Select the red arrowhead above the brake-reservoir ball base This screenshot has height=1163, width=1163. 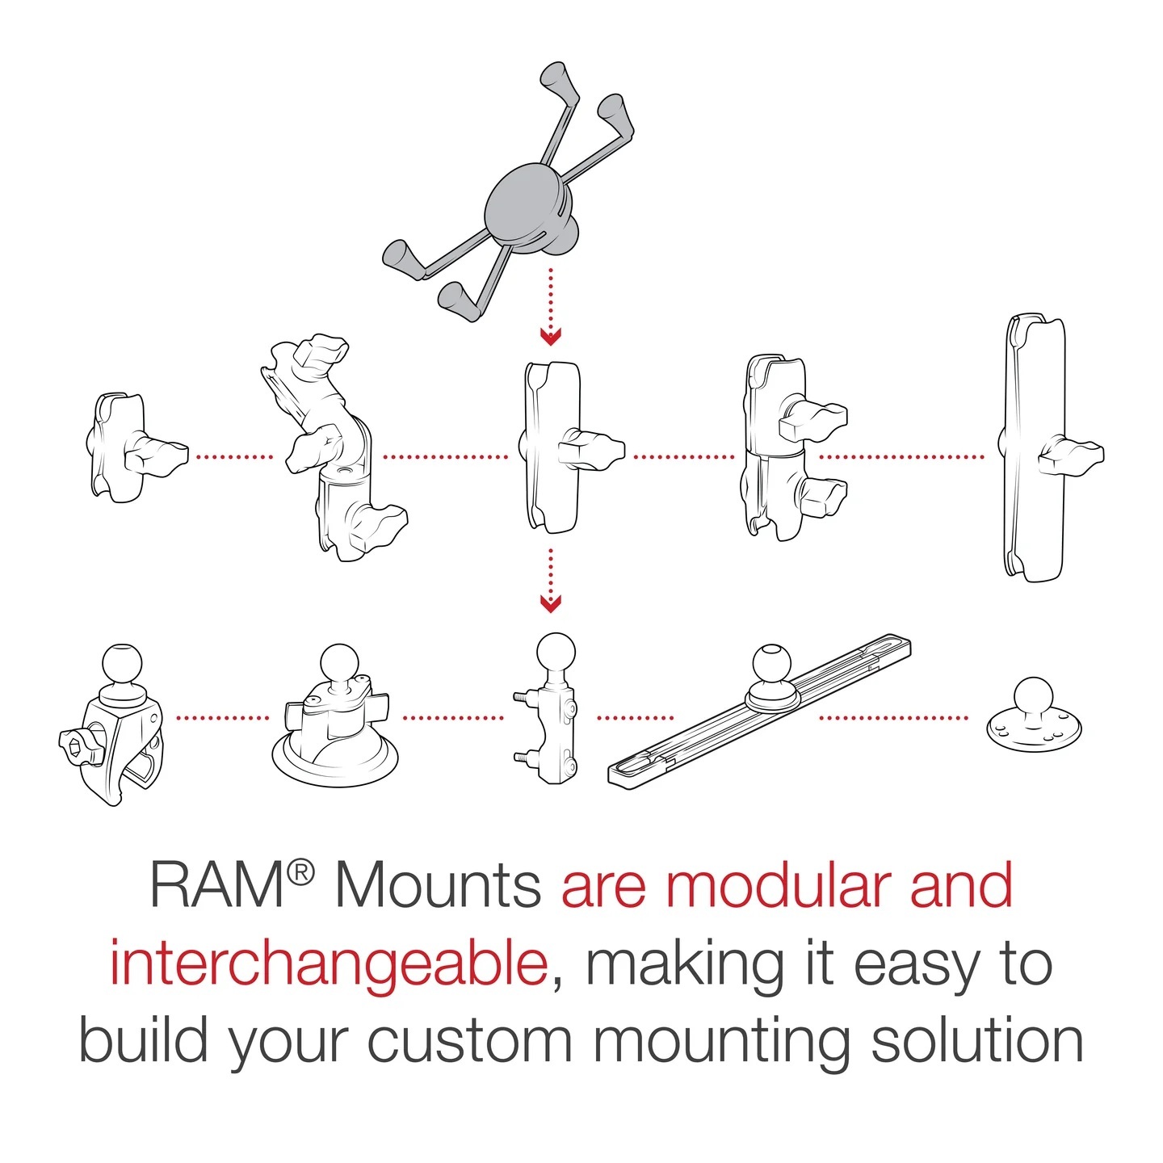click(x=551, y=602)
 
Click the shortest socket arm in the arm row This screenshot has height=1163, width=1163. click(x=121, y=447)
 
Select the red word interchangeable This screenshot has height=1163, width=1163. click(x=329, y=964)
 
